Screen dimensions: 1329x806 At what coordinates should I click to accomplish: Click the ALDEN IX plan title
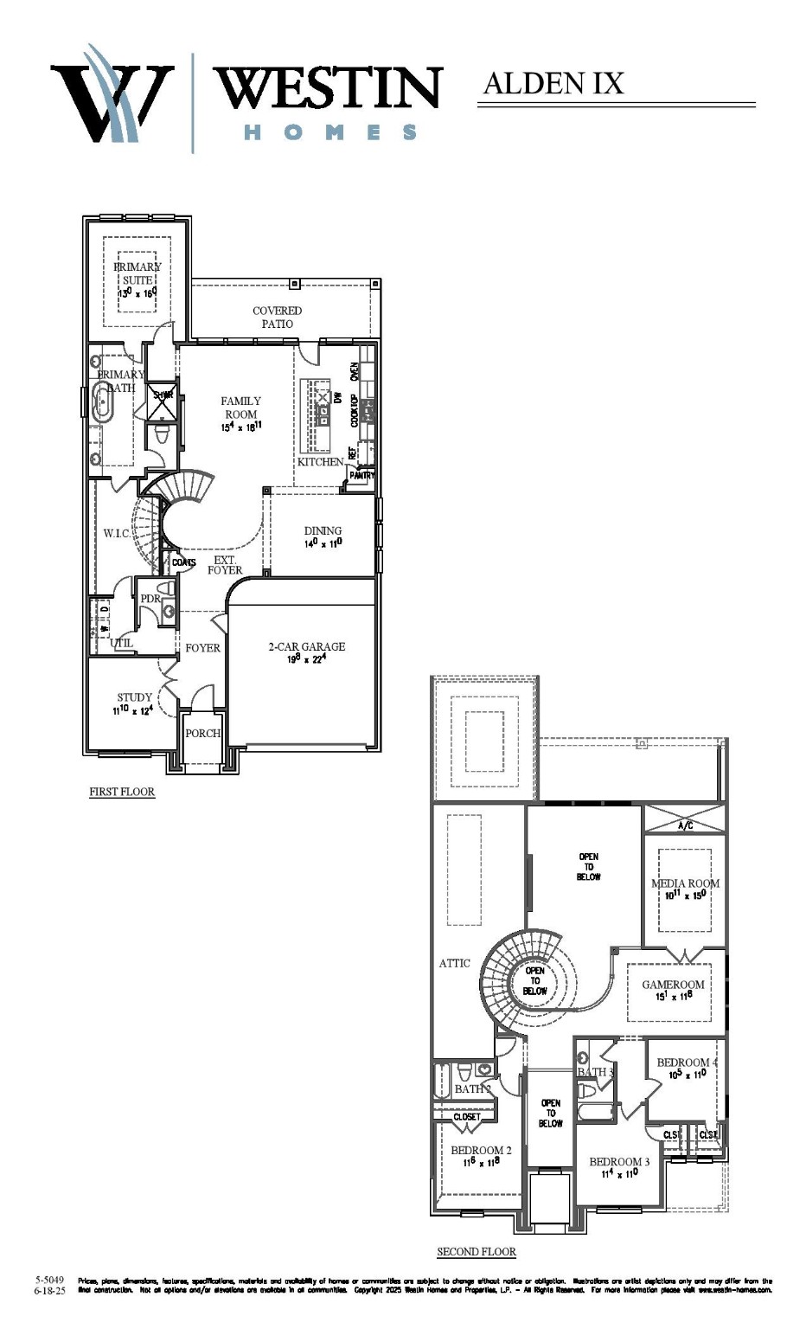point(553,83)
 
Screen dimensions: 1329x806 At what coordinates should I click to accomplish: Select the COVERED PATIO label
point(278,317)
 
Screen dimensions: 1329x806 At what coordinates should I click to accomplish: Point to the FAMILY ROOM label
point(240,408)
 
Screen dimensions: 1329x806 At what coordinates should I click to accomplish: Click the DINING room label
point(323,531)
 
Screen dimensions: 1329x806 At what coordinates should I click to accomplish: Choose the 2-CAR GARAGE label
point(306,646)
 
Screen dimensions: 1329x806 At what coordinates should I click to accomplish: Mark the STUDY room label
point(135,697)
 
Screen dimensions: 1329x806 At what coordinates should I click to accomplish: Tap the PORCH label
point(203,734)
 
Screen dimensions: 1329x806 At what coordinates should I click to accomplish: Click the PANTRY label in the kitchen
point(362,475)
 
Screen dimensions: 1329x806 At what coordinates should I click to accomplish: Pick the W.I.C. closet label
point(117,533)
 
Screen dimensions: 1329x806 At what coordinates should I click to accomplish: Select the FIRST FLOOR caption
point(122,792)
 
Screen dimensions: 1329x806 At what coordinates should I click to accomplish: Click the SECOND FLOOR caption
point(477,1252)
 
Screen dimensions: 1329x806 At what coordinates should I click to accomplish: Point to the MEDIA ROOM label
point(685,884)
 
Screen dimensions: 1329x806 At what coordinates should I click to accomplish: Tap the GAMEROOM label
point(673,985)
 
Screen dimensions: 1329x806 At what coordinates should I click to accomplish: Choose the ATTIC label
point(454,963)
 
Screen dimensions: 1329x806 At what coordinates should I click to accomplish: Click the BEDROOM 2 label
point(481,1151)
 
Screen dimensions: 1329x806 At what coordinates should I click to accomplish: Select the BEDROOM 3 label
point(619,1162)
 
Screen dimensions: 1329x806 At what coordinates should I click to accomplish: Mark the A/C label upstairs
point(685,826)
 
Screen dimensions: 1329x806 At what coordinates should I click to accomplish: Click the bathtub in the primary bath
point(105,404)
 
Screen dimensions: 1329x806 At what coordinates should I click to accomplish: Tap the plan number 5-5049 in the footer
point(50,1279)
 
